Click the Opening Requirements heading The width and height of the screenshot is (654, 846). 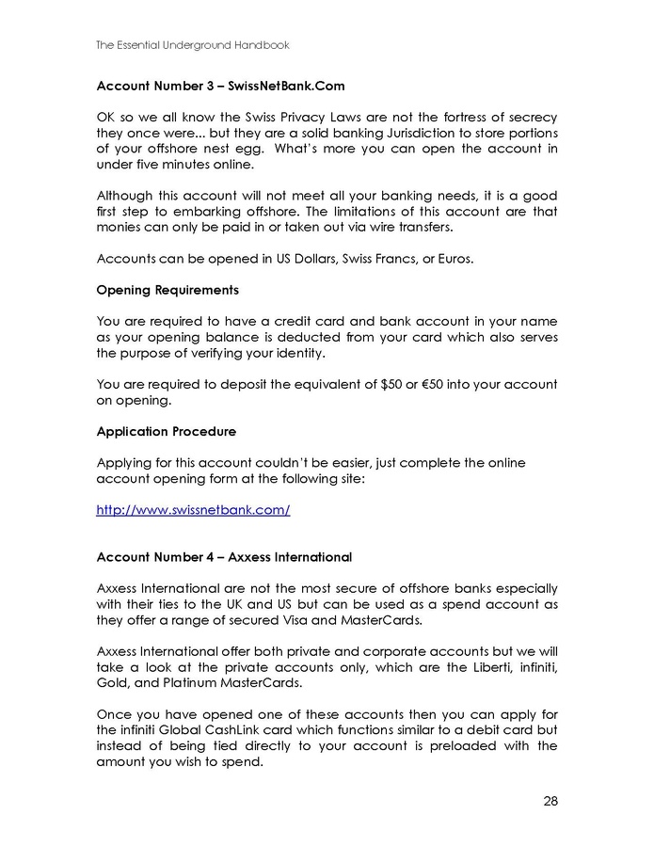tap(167, 290)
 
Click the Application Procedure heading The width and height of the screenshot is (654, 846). tap(167, 431)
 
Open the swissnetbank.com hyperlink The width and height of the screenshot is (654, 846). tap(193, 510)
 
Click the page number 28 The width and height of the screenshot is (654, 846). tap(550, 802)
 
